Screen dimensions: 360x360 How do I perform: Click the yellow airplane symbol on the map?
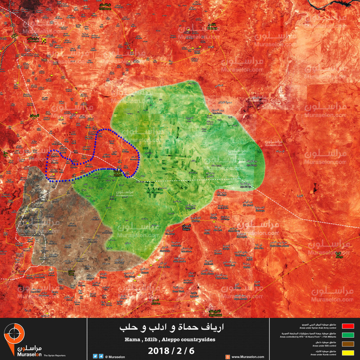click(44, 40)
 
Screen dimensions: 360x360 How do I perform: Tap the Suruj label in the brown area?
click(71, 272)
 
